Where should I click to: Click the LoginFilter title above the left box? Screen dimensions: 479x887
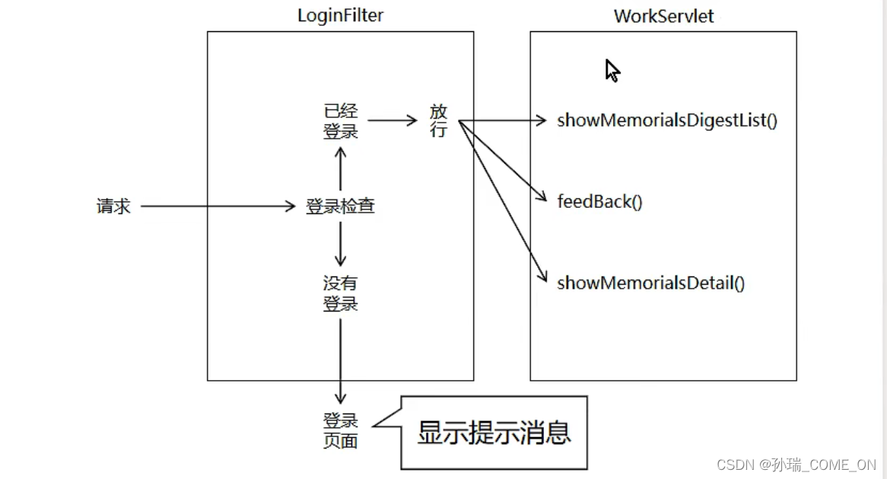[x=340, y=15]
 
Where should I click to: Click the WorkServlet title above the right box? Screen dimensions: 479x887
[x=663, y=16]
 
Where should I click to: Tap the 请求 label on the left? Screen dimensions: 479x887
[x=113, y=206]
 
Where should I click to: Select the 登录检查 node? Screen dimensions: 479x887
[x=340, y=206]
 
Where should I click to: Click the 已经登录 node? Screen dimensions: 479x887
[x=340, y=120]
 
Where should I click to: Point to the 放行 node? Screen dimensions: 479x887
[x=438, y=120]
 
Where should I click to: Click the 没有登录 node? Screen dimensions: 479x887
[x=340, y=293]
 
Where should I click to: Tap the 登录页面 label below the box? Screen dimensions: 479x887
[x=340, y=430]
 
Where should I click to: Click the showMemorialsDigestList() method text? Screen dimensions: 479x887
[x=667, y=120]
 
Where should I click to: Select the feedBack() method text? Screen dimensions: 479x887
[x=599, y=202]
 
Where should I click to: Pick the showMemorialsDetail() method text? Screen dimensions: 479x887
[x=650, y=283]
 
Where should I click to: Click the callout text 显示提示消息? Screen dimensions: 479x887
[x=494, y=433]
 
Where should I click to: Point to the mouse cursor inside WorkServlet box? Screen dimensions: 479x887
[x=612, y=70]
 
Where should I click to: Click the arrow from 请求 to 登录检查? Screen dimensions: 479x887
[x=217, y=206]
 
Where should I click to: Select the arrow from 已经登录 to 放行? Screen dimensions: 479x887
[x=392, y=120]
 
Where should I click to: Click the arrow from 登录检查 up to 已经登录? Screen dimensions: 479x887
[x=340, y=168]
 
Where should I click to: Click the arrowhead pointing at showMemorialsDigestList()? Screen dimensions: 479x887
[x=542, y=120]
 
